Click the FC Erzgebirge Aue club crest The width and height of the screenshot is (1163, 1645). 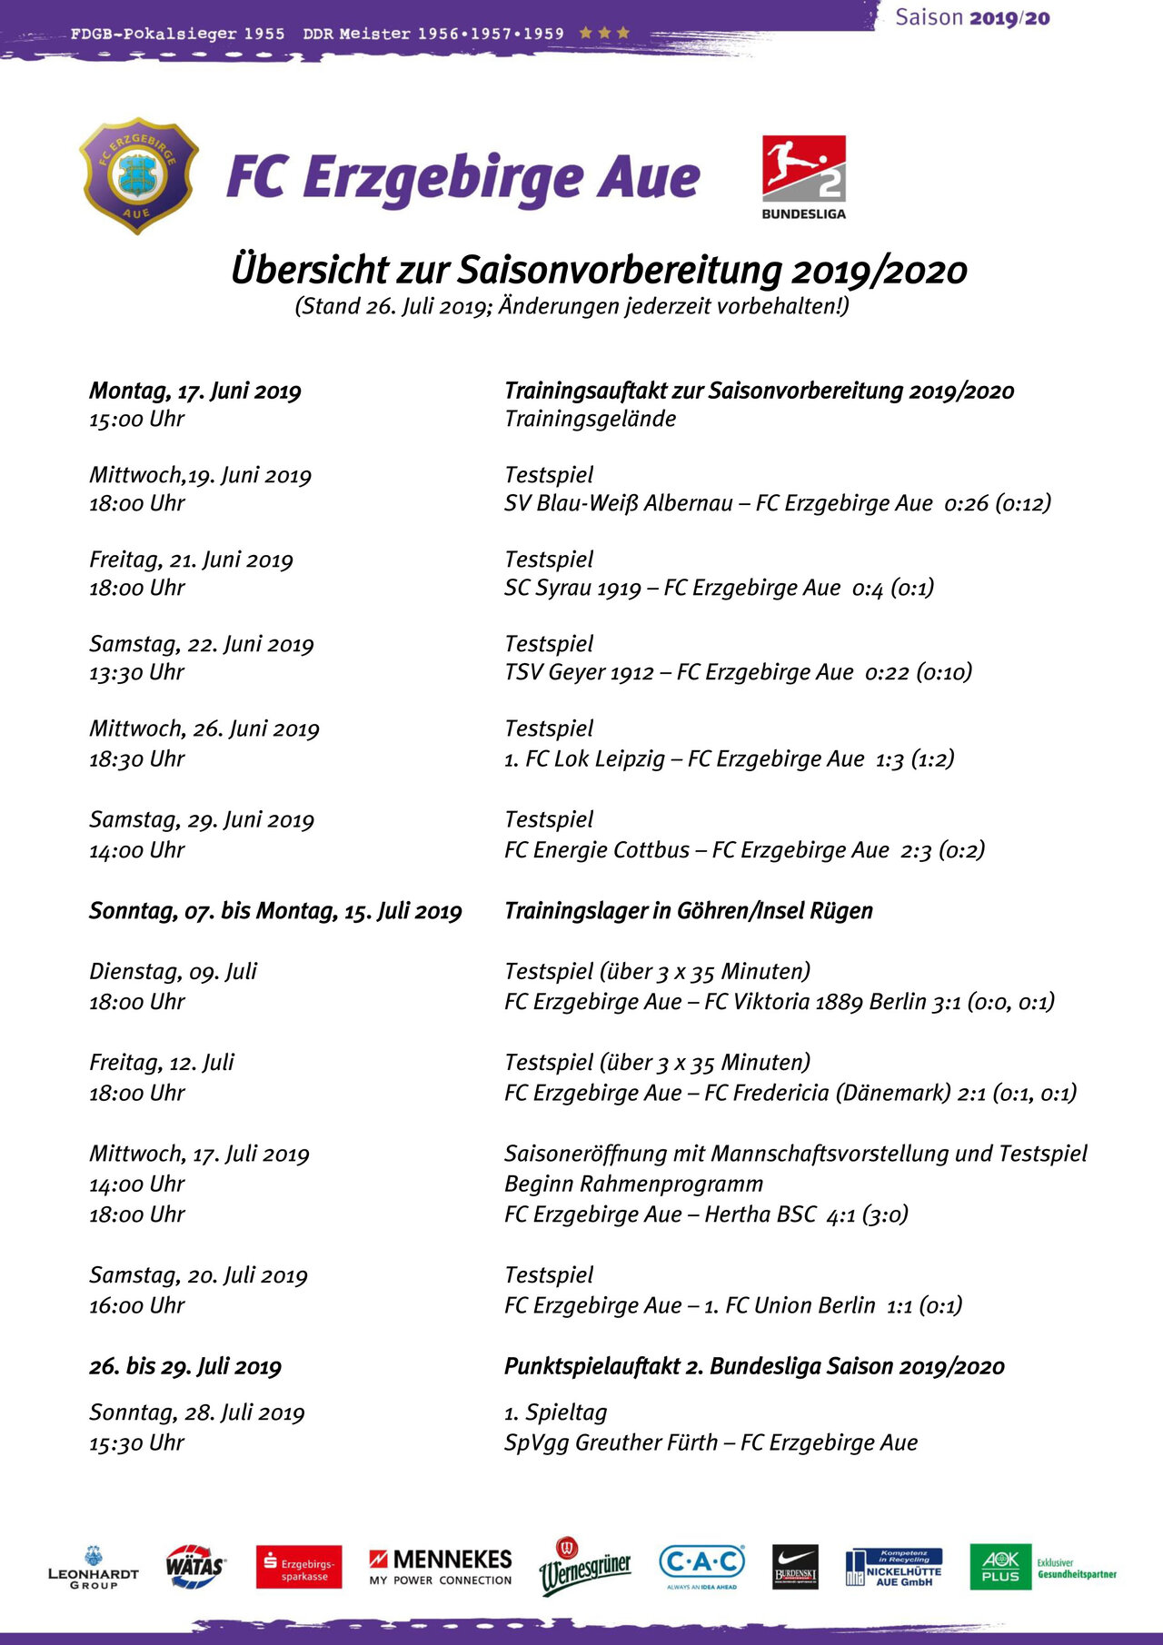point(139,175)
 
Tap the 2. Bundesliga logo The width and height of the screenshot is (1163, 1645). point(803,176)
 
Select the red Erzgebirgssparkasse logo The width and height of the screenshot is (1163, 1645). point(299,1567)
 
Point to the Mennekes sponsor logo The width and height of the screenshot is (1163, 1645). point(441,1567)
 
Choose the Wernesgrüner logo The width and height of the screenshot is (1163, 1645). point(585,1567)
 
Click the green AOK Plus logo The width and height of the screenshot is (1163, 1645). point(1000,1567)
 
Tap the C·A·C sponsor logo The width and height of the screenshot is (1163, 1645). point(701,1565)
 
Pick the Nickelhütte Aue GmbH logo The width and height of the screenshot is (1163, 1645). point(894,1568)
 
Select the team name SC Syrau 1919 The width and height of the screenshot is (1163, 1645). point(573,588)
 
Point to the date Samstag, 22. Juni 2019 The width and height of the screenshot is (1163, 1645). point(202,644)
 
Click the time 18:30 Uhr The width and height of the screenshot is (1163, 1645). point(137,758)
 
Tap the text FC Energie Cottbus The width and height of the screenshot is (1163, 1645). point(597,850)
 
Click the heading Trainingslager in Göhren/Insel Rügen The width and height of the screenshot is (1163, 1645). point(689,911)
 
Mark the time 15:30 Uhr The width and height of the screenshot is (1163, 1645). point(137,1442)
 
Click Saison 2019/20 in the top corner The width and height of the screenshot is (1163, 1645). point(972,18)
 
